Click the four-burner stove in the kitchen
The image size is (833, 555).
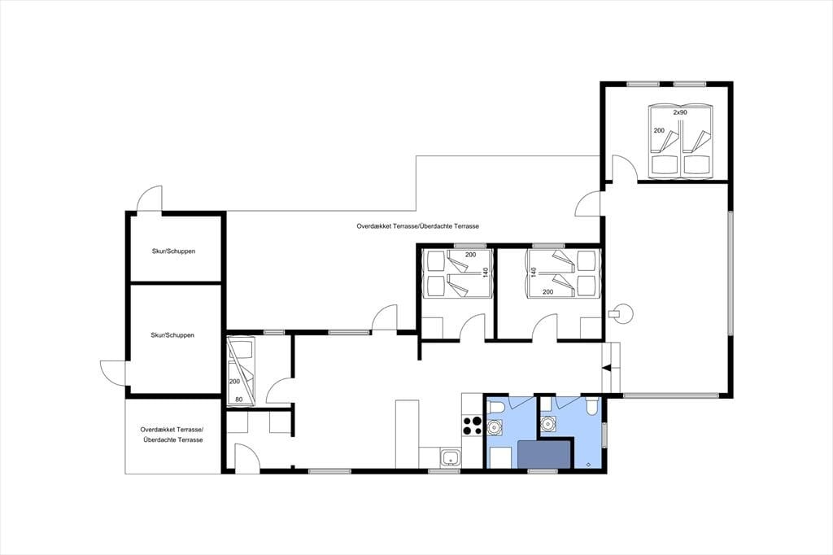tap(473, 426)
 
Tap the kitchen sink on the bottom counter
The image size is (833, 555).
tap(451, 457)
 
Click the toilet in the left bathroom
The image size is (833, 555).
tap(497, 408)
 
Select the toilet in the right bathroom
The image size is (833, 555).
tap(591, 406)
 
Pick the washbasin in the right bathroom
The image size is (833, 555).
tap(547, 424)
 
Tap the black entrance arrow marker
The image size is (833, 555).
tap(606, 367)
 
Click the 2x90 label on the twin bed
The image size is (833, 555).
tap(680, 112)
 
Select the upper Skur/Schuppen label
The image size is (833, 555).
tap(174, 251)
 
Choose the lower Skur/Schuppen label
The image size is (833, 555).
tap(172, 335)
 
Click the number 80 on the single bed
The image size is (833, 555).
tap(239, 400)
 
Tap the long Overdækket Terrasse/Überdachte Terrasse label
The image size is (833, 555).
tap(418, 226)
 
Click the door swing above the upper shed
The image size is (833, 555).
tap(150, 199)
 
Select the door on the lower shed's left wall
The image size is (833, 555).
tap(112, 372)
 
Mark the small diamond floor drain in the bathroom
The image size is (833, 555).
tap(589, 464)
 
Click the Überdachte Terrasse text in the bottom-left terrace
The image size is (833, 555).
tap(173, 439)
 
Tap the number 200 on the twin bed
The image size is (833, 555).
tap(659, 130)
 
